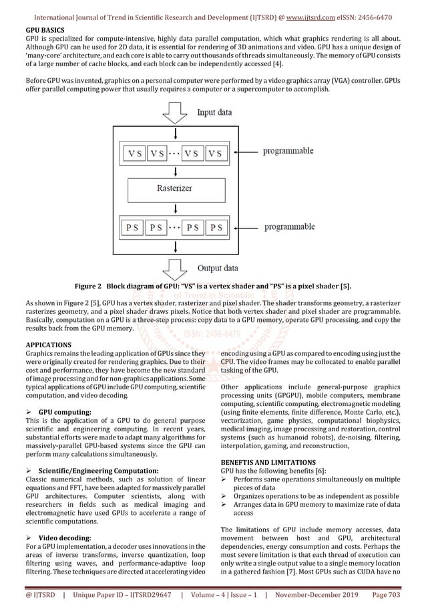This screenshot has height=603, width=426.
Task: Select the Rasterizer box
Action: (175, 188)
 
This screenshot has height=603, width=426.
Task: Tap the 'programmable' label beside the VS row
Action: (292, 151)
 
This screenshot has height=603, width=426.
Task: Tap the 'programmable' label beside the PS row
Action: (292, 227)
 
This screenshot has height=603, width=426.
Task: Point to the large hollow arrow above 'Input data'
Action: (175, 110)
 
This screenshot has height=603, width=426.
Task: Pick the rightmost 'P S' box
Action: (216, 228)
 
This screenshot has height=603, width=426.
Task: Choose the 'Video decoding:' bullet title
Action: (65, 538)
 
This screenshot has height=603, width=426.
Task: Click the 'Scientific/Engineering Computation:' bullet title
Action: (95, 471)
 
